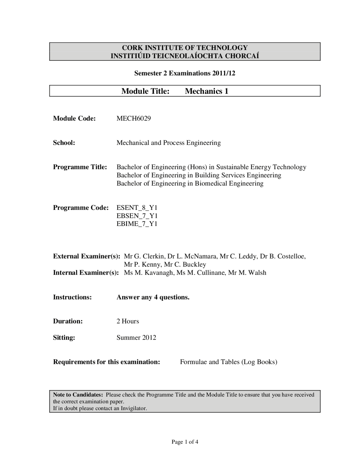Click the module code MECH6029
pyautogui.click(x=134, y=118)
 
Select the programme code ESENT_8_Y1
pyautogui.click(x=137, y=208)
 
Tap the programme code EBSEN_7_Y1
pyautogui.click(x=137, y=216)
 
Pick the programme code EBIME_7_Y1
pyautogui.click(x=137, y=224)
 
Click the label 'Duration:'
pyautogui.click(x=68, y=321)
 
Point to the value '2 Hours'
pyautogui.click(x=128, y=321)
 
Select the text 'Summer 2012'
pyautogui.click(x=136, y=338)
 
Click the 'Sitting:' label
pyautogui.click(x=64, y=338)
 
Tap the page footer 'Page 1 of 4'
pyautogui.click(x=185, y=442)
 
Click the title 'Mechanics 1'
pyautogui.click(x=206, y=91)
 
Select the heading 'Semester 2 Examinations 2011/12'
pyautogui.click(x=185, y=73)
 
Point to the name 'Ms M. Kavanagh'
pyautogui.click(x=148, y=273)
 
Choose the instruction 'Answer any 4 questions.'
pyautogui.click(x=153, y=297)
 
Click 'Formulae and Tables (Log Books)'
pyautogui.click(x=228, y=362)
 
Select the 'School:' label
pyautogui.click(x=64, y=143)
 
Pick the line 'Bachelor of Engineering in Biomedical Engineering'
pyautogui.click(x=190, y=183)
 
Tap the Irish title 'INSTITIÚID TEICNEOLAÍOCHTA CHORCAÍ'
pyautogui.click(x=185, y=56)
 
